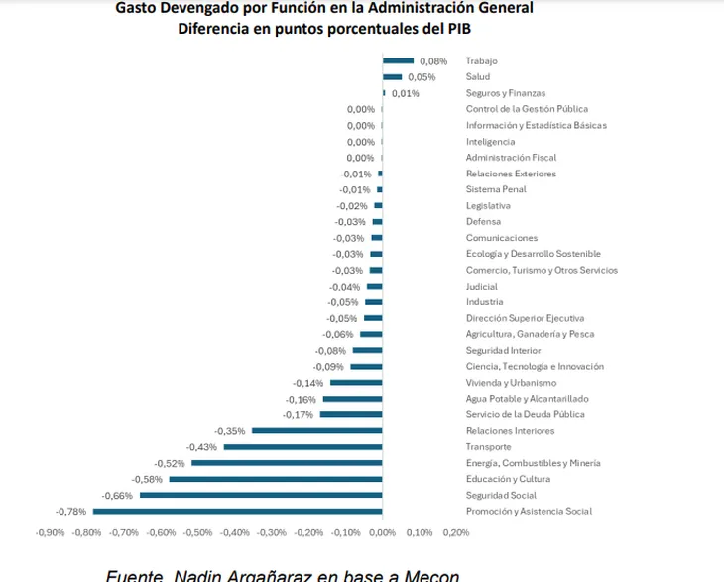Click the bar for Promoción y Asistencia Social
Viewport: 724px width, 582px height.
click(237, 512)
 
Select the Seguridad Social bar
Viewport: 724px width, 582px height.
click(260, 495)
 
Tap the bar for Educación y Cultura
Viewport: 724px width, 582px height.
click(275, 479)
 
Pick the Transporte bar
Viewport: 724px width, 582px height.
click(302, 447)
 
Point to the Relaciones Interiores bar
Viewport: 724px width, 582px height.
click(317, 431)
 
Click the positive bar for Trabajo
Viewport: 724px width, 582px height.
click(398, 61)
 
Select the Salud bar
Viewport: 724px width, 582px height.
click(392, 77)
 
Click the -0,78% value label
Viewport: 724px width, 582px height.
click(72, 512)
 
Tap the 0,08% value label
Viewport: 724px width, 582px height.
click(433, 61)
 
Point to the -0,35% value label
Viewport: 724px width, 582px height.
click(231, 431)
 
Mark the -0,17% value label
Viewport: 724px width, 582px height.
click(299, 415)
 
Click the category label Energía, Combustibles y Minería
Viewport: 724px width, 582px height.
click(534, 463)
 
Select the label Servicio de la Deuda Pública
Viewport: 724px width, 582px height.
click(526, 414)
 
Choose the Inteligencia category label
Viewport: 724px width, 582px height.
click(490, 142)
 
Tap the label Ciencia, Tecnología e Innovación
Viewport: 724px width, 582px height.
click(535, 367)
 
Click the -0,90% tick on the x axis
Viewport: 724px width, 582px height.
click(50, 532)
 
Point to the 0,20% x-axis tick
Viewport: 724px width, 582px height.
click(455, 532)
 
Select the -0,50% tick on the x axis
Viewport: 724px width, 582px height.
click(197, 532)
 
